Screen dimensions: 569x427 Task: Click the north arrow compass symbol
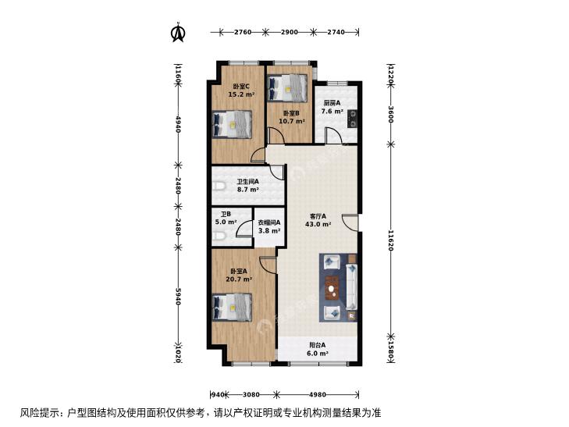[178, 33]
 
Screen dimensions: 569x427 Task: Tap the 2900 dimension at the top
[290, 32]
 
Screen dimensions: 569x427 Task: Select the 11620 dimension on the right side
[391, 240]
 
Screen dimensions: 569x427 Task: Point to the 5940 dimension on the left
[177, 296]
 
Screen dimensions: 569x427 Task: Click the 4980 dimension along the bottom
[317, 394]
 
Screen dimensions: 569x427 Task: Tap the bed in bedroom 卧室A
[232, 308]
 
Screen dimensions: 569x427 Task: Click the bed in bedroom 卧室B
[287, 87]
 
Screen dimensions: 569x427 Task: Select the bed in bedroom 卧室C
[232, 124]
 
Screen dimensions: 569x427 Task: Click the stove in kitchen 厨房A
[352, 119]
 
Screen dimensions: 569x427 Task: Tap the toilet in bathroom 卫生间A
[219, 187]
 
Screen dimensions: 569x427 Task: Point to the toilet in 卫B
[219, 237]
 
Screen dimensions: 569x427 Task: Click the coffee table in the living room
[331, 288]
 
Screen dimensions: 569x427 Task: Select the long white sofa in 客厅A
[351, 286]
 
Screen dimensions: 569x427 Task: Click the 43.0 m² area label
[318, 224]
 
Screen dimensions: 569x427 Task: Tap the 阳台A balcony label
[317, 345]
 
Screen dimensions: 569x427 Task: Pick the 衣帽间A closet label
[269, 222]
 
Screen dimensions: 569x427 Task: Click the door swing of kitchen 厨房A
[332, 136]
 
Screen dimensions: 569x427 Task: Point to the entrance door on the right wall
[351, 222]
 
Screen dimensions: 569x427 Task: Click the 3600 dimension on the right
[391, 114]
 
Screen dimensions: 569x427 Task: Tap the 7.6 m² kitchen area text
[332, 111]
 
